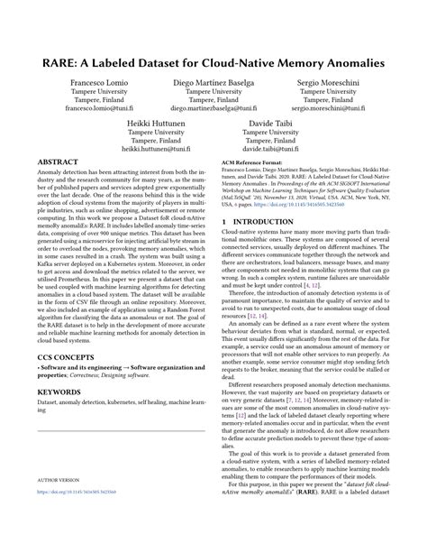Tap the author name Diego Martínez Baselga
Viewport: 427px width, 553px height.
coord(213,81)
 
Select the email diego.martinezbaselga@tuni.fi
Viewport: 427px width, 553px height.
coord(213,107)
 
